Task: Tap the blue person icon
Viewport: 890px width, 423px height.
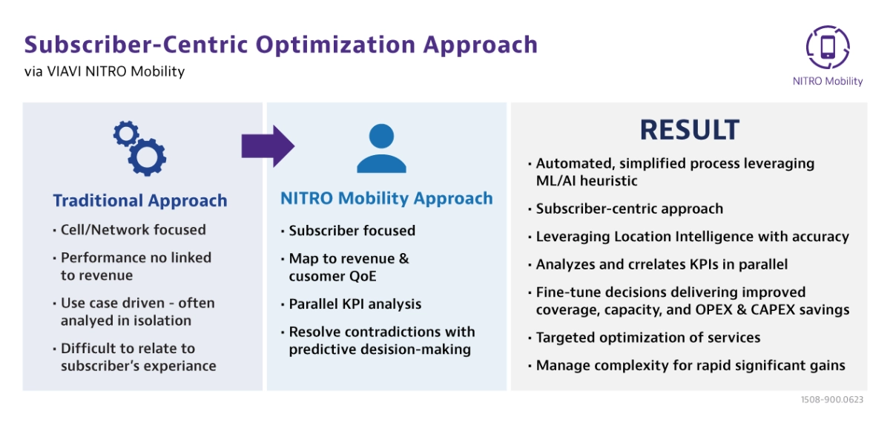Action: pos(381,148)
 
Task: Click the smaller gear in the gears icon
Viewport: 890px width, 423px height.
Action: pos(126,134)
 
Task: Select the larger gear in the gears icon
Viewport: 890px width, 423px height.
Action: pos(147,157)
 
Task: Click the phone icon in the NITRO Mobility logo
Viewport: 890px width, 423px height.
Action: pos(828,47)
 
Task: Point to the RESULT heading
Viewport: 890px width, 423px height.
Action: pos(689,130)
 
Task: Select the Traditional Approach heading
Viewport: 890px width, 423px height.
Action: pos(140,200)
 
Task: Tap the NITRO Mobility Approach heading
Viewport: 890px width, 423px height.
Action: pos(386,198)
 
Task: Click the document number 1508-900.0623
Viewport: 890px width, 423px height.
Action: pos(832,399)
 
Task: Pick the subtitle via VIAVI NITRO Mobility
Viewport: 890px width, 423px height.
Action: pos(105,71)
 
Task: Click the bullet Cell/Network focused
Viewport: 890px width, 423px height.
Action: pos(133,230)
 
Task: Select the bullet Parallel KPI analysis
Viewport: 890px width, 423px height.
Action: pos(355,304)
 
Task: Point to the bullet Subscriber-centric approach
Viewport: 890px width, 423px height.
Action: pos(630,209)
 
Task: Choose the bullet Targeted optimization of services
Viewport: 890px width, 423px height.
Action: pos(648,338)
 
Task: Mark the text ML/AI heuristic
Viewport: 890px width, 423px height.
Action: pos(587,181)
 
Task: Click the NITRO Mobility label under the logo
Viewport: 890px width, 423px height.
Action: pos(828,81)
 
